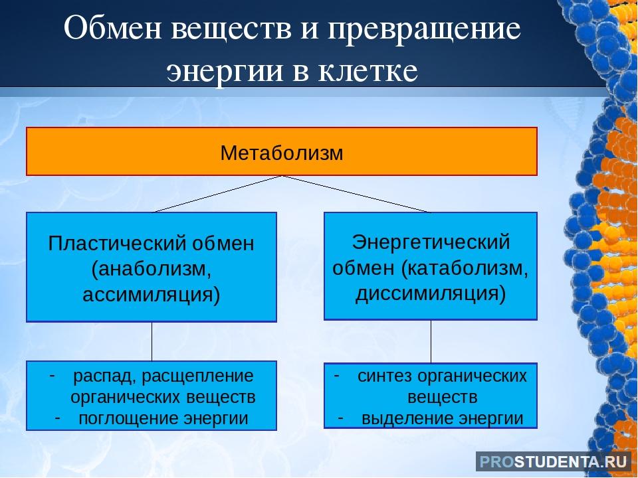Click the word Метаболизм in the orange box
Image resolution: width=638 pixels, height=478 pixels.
point(282,153)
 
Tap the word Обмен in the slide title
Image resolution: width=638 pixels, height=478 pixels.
point(112,29)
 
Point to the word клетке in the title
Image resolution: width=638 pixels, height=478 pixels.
point(368,71)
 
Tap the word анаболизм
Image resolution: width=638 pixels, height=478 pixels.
point(152,269)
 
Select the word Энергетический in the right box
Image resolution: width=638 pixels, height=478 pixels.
point(431,242)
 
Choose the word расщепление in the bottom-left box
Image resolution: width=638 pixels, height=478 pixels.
point(197,376)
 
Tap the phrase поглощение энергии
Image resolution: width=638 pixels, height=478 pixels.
point(163,418)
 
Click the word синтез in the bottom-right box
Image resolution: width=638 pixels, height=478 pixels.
point(385,376)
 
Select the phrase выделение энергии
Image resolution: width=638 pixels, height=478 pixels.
point(443,418)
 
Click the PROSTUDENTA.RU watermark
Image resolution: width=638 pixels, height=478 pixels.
point(553,462)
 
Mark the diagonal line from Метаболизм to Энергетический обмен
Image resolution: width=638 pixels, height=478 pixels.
point(356,194)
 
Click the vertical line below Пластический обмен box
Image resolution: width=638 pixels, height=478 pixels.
point(152,341)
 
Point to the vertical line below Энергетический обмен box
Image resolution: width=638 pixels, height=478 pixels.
point(431,341)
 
